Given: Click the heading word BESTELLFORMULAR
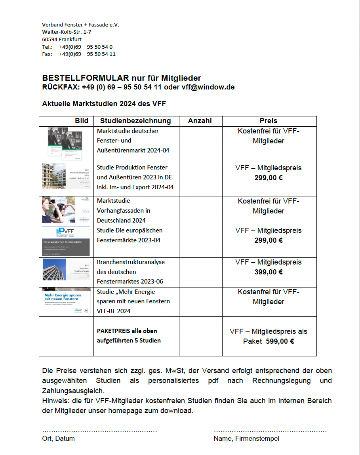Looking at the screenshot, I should (x=86, y=78).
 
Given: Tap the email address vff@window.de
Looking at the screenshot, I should (x=208, y=87).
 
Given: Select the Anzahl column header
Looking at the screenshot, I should (x=200, y=121).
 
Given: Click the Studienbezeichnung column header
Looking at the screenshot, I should (x=135, y=121).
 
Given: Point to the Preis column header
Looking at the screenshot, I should (x=269, y=121).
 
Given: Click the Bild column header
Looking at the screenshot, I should (x=82, y=121).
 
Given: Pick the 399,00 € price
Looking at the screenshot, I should (x=269, y=272).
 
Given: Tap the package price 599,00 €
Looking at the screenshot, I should (x=280, y=341).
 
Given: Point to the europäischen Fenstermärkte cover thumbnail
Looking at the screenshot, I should (x=66, y=241).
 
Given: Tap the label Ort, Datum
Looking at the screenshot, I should (x=58, y=438).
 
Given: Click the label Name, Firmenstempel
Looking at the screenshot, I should (x=246, y=438).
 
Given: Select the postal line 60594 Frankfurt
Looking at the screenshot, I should (x=62, y=40).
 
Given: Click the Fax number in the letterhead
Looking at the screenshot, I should (x=87, y=54).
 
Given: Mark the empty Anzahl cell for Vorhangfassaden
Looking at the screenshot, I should (x=200, y=211).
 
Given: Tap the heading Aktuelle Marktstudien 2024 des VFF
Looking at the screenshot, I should (x=104, y=104).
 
